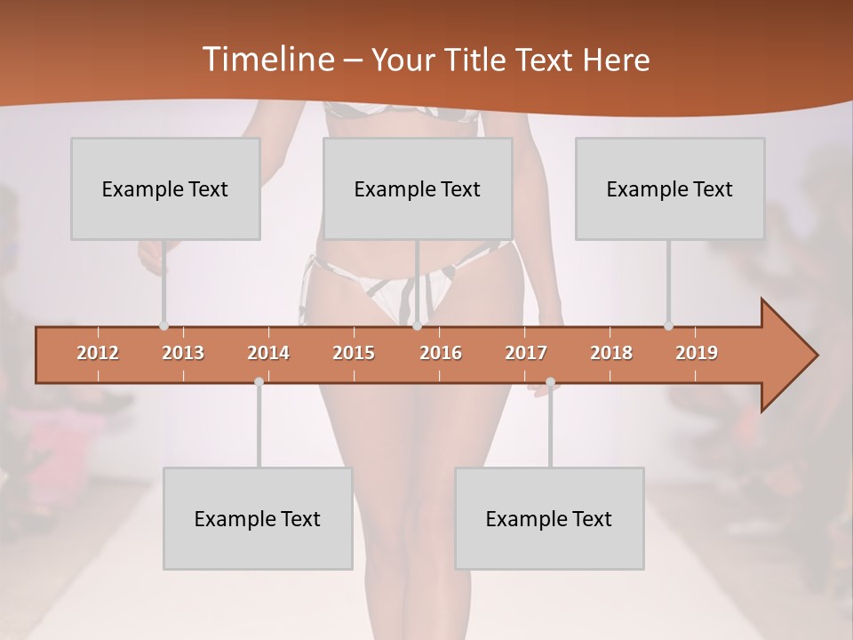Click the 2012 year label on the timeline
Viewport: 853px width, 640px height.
tap(98, 353)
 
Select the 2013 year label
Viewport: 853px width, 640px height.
tap(183, 353)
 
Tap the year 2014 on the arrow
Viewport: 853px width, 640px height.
tap(268, 353)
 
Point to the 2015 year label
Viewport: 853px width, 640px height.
tap(354, 353)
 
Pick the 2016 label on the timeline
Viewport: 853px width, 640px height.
tap(441, 353)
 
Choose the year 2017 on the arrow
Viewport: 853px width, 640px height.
tap(526, 353)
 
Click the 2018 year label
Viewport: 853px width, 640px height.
tap(611, 353)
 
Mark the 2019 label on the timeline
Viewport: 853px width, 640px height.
tap(697, 353)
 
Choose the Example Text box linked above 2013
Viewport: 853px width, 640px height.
tap(165, 188)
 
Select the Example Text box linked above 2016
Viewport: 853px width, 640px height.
tap(418, 188)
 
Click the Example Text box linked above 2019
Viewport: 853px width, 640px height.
tap(670, 188)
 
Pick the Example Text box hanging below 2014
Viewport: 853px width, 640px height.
tap(258, 518)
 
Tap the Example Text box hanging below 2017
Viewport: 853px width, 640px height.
tap(549, 518)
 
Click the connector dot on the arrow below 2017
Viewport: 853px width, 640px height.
tap(550, 382)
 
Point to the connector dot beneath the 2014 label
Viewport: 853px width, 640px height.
tap(259, 382)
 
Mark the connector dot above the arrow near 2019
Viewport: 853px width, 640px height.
tap(668, 326)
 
